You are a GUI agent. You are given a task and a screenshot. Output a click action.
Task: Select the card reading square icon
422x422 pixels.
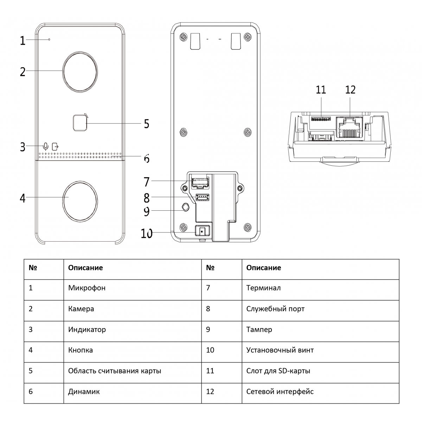80,122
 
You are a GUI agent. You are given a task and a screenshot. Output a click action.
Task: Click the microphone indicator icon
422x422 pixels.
46,147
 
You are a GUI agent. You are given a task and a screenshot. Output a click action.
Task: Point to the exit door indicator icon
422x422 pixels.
55,147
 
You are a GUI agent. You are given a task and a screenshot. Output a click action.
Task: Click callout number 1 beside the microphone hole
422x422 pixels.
23,41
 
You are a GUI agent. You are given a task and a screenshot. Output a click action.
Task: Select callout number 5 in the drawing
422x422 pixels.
147,124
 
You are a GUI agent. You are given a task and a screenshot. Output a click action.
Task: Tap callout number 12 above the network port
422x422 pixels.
350,90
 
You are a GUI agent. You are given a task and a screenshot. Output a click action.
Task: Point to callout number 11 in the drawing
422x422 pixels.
321,90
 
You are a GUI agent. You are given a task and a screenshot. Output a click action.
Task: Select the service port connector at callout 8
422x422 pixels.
202,198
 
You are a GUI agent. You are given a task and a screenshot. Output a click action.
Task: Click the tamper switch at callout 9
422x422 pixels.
186,207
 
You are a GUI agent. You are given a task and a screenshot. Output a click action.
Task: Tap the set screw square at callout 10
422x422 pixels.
202,231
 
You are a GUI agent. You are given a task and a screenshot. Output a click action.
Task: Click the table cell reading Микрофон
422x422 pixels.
87,288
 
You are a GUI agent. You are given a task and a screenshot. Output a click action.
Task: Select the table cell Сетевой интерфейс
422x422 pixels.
280,391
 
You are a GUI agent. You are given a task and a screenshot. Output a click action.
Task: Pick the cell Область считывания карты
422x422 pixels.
115,371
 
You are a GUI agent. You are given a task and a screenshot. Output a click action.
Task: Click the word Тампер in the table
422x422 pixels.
259,330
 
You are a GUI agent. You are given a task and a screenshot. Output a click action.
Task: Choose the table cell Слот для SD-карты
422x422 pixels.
278,371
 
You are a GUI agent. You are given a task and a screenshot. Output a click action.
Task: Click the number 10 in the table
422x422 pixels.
210,350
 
